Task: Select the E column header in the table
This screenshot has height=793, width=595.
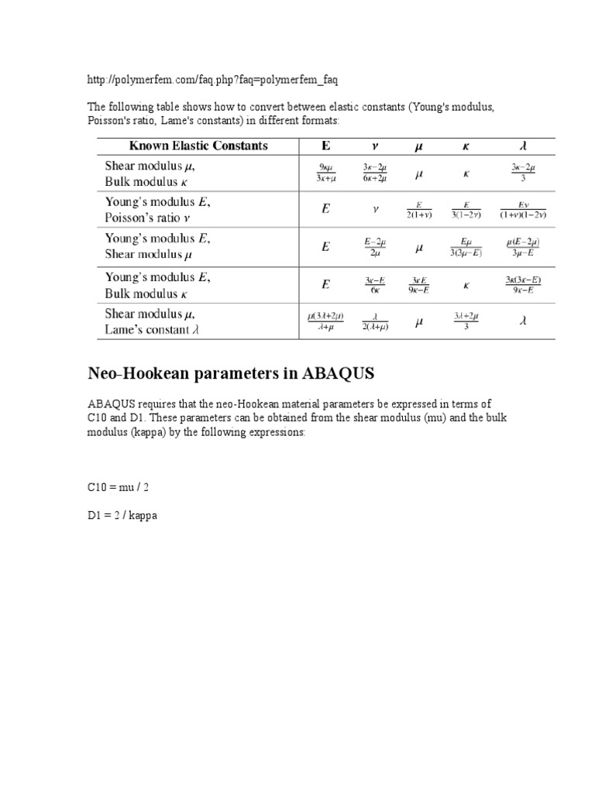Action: coord(325,146)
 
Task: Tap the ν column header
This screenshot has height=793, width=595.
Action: coord(374,146)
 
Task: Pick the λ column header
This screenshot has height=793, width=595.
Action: coord(523,146)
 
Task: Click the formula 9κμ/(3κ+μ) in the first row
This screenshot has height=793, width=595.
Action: coord(325,173)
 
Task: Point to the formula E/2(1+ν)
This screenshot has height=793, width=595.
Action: coord(419,210)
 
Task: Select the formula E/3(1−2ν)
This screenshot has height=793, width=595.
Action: coord(466,210)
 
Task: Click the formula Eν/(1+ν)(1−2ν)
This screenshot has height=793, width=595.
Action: coord(523,210)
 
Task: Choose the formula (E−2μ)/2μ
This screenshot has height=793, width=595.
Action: coord(374,247)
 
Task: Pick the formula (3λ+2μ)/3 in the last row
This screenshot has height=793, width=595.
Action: coord(466,321)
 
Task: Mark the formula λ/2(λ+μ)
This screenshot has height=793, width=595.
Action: coord(374,321)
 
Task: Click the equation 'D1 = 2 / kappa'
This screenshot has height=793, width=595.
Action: coord(122,514)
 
